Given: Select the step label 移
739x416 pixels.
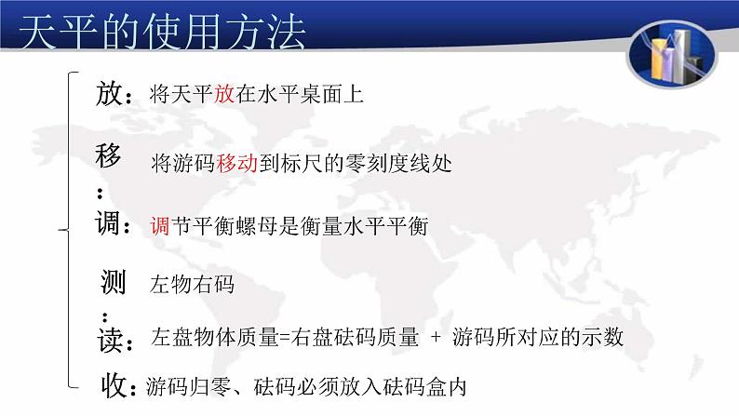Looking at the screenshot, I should [x=108, y=157].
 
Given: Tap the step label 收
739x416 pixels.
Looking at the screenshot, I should [x=116, y=384].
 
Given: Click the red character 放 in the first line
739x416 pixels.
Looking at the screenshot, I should [x=224, y=93].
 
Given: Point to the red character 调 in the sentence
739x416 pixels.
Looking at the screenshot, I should [x=159, y=226].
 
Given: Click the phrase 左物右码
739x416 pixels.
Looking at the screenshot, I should [x=192, y=285].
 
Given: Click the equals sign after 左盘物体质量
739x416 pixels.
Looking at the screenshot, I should [x=285, y=339].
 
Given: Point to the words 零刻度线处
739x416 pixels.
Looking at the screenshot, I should [x=403, y=165].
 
